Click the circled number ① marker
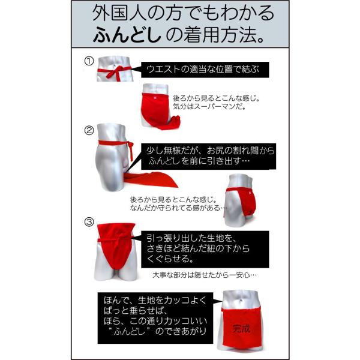click(89, 61)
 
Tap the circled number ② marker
click(89, 131)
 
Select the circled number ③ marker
click(89, 222)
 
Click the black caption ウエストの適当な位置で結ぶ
click(205, 70)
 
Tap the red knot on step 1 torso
click(117, 71)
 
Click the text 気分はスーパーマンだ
click(209, 107)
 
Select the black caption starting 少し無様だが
click(208, 157)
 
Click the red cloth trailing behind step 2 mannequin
click(152, 179)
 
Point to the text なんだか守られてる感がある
click(178, 208)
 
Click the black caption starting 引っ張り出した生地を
click(205, 250)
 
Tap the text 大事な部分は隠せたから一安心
click(205, 275)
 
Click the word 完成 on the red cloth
click(241, 329)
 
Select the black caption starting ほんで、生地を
click(155, 318)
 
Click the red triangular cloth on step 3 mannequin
click(116, 245)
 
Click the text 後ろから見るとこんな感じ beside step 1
click(216, 98)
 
